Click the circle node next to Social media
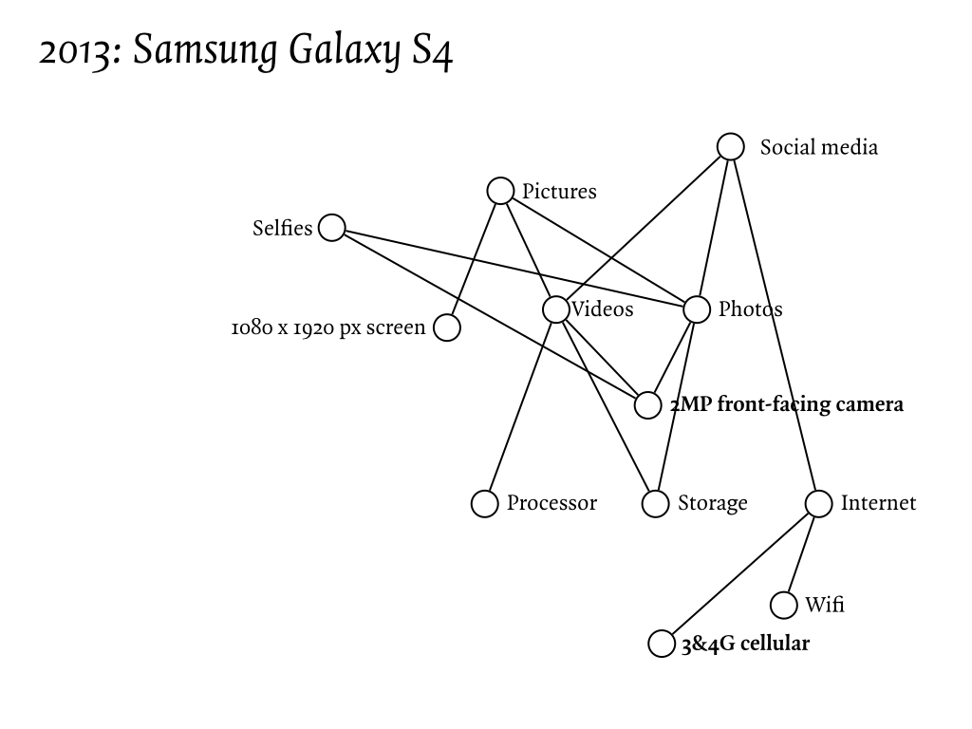(730, 146)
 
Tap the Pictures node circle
(500, 191)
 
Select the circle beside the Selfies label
(332, 228)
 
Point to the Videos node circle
(556, 309)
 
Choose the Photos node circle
(697, 309)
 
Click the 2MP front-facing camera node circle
(647, 405)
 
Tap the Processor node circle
(485, 503)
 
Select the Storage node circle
(656, 503)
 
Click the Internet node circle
(819, 503)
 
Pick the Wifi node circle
(783, 605)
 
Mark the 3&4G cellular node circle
(662, 644)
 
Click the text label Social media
(818, 147)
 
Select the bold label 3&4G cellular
(745, 644)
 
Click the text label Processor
(551, 503)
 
